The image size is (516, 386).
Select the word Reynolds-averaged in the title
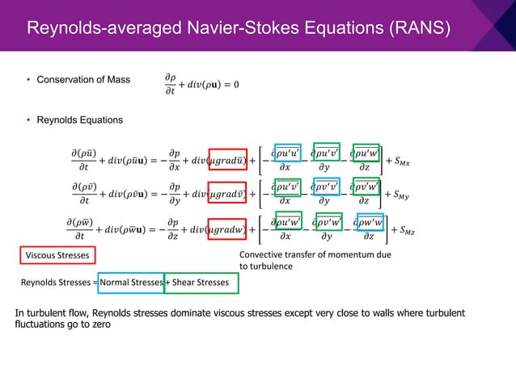pos(94,30)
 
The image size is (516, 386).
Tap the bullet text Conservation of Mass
pos(82,79)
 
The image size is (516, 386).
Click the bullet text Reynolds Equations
pos(78,120)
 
